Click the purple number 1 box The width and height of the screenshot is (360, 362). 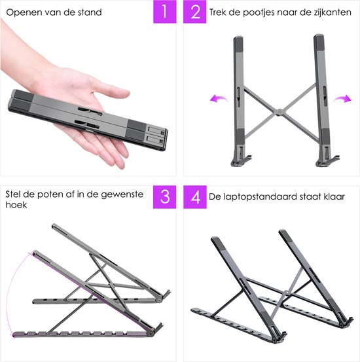(164, 12)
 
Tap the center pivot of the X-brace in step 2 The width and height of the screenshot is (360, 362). (279, 111)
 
